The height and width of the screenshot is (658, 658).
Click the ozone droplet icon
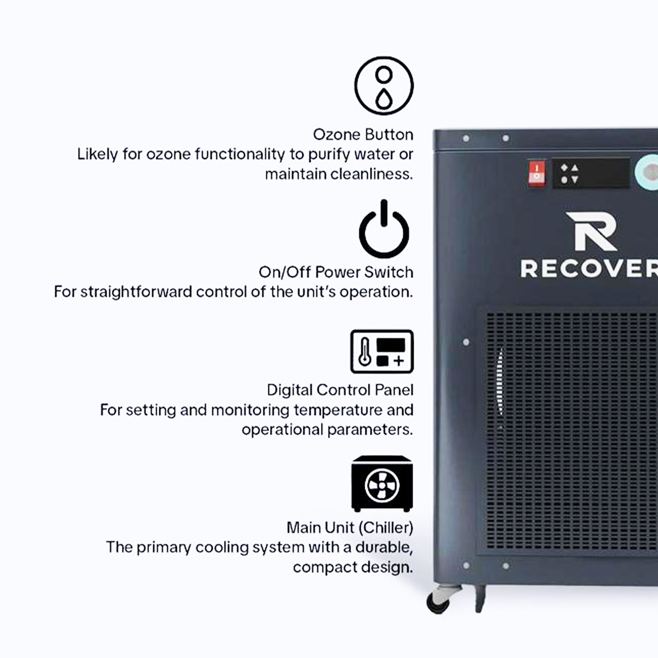[x=384, y=85]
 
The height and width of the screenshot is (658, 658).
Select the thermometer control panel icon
[x=382, y=351]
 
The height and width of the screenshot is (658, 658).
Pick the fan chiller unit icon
[x=382, y=484]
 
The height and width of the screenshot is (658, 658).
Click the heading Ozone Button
[x=363, y=135]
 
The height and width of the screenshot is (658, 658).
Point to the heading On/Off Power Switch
[x=336, y=272]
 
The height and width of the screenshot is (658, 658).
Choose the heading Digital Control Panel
[x=340, y=390]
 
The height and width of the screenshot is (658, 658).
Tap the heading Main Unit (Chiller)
[x=350, y=528]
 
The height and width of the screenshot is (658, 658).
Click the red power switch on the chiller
[x=537, y=173]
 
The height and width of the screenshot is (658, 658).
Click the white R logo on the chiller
[x=591, y=231]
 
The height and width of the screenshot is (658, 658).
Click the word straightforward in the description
[x=136, y=292]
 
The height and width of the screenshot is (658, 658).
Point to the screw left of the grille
[x=466, y=342]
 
